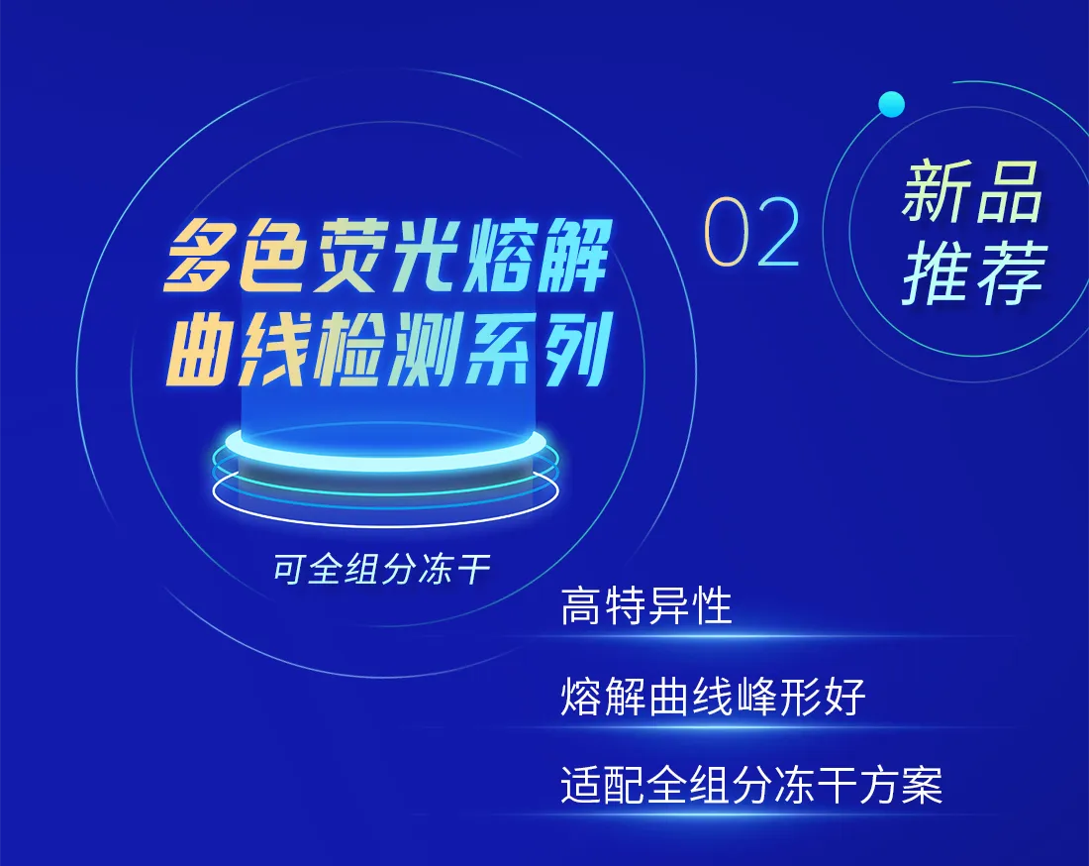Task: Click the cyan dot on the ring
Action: click(x=891, y=104)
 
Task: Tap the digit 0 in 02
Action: click(x=726, y=232)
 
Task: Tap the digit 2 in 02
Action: click(x=778, y=231)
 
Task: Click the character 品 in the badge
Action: click(x=1009, y=191)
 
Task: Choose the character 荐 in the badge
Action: click(x=1011, y=272)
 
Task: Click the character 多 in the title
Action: click(x=200, y=255)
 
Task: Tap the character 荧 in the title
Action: click(x=350, y=255)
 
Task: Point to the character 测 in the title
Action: click(x=426, y=349)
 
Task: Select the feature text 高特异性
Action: click(x=645, y=605)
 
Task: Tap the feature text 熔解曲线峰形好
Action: click(x=713, y=696)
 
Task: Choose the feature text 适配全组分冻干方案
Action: click(x=751, y=786)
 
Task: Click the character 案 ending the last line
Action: click(x=923, y=786)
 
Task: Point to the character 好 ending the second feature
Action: click(x=844, y=696)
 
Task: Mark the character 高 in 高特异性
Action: click(x=580, y=605)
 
